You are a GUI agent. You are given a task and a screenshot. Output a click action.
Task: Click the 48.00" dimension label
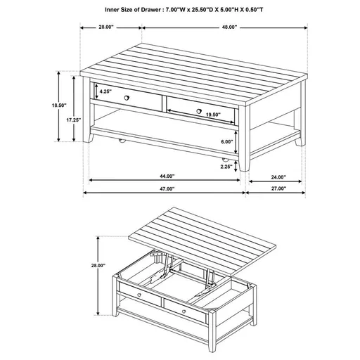pos(226,27)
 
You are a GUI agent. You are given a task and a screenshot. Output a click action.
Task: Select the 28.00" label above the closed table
pos(106,27)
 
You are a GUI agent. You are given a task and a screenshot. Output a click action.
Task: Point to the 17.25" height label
pos(74,120)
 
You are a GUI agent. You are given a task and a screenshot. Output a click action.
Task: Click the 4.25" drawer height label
pos(105,91)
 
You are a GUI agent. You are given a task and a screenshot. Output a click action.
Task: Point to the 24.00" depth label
pos(277,176)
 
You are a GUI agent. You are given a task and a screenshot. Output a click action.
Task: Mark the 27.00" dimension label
pos(277,189)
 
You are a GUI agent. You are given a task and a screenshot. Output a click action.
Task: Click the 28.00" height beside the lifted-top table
pos(98,266)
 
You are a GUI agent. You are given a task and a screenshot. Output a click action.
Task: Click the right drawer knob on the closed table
pos(199,110)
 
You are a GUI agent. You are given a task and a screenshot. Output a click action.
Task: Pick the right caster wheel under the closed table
pos(226,162)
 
